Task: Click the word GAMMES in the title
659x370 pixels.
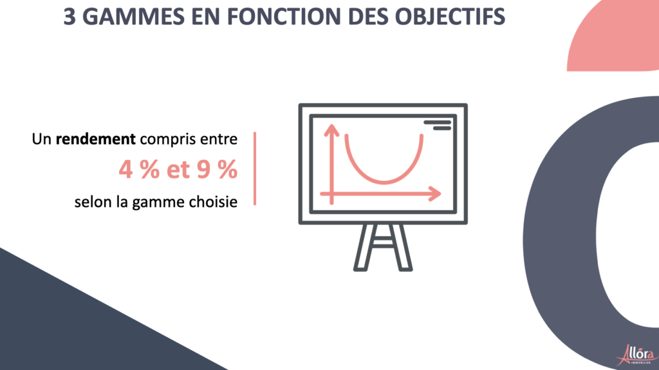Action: point(133,17)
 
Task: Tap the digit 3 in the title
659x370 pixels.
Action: point(70,17)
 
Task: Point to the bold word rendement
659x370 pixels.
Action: point(96,139)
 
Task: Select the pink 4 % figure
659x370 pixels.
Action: point(139,170)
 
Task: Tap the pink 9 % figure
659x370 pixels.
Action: point(217,170)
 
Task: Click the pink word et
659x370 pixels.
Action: point(178,170)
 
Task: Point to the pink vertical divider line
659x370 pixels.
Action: point(255,169)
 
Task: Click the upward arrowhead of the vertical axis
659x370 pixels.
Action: point(331,129)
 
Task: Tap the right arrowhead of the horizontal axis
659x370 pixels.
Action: point(436,194)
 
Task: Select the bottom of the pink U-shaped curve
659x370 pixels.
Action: point(384,182)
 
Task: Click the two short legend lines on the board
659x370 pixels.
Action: point(438,126)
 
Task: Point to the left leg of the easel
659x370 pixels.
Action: point(364,247)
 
